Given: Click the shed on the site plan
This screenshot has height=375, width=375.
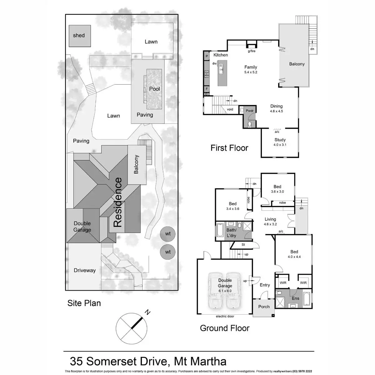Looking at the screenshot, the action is (79, 36).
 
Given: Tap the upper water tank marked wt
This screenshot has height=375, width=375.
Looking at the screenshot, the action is (168, 234).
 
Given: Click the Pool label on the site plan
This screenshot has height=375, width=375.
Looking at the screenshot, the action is (154, 89).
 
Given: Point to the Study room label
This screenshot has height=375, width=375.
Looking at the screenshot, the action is (280, 140).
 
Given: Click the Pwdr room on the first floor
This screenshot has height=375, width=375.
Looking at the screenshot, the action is (249, 111).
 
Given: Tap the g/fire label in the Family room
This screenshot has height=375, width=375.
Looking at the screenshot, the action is (252, 51).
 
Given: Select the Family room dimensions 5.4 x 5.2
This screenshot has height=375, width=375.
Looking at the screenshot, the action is (251, 72).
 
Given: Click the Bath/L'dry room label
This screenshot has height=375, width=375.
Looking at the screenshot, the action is (231, 233).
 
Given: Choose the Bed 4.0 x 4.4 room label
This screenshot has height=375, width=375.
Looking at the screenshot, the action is (294, 252).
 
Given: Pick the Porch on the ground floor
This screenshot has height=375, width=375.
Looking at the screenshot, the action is (264, 307).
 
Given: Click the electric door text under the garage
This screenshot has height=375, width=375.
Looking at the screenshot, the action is (225, 317).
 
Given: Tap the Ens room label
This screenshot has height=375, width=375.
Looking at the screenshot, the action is (295, 298).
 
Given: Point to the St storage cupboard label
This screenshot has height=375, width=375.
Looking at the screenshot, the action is (243, 245).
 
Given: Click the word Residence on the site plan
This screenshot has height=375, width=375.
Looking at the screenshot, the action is (117, 202).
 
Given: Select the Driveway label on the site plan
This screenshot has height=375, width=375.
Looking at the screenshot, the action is (85, 270).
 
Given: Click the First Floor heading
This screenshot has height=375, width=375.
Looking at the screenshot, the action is (229, 148).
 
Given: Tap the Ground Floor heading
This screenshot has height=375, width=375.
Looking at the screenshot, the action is (224, 328).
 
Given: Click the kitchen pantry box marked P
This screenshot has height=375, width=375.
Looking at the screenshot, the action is (207, 56).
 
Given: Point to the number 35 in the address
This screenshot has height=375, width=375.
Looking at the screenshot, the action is (77, 362).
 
